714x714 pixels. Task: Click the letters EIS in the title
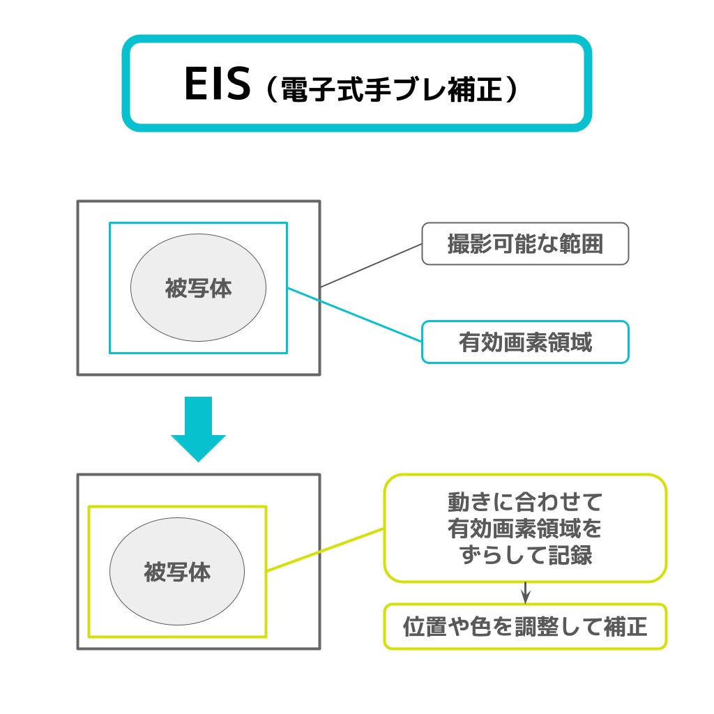click(216, 84)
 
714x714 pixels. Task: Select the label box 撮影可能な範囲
click(525, 244)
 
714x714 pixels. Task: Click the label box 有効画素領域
click(525, 342)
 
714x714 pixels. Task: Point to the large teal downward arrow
click(198, 427)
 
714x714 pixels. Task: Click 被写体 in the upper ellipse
click(198, 288)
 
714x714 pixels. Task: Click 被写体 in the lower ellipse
click(177, 572)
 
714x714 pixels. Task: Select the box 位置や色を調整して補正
click(525, 627)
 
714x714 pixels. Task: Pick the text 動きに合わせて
click(525, 501)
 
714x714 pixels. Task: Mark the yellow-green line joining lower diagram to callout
click(326, 549)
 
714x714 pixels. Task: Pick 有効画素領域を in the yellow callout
click(525, 529)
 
